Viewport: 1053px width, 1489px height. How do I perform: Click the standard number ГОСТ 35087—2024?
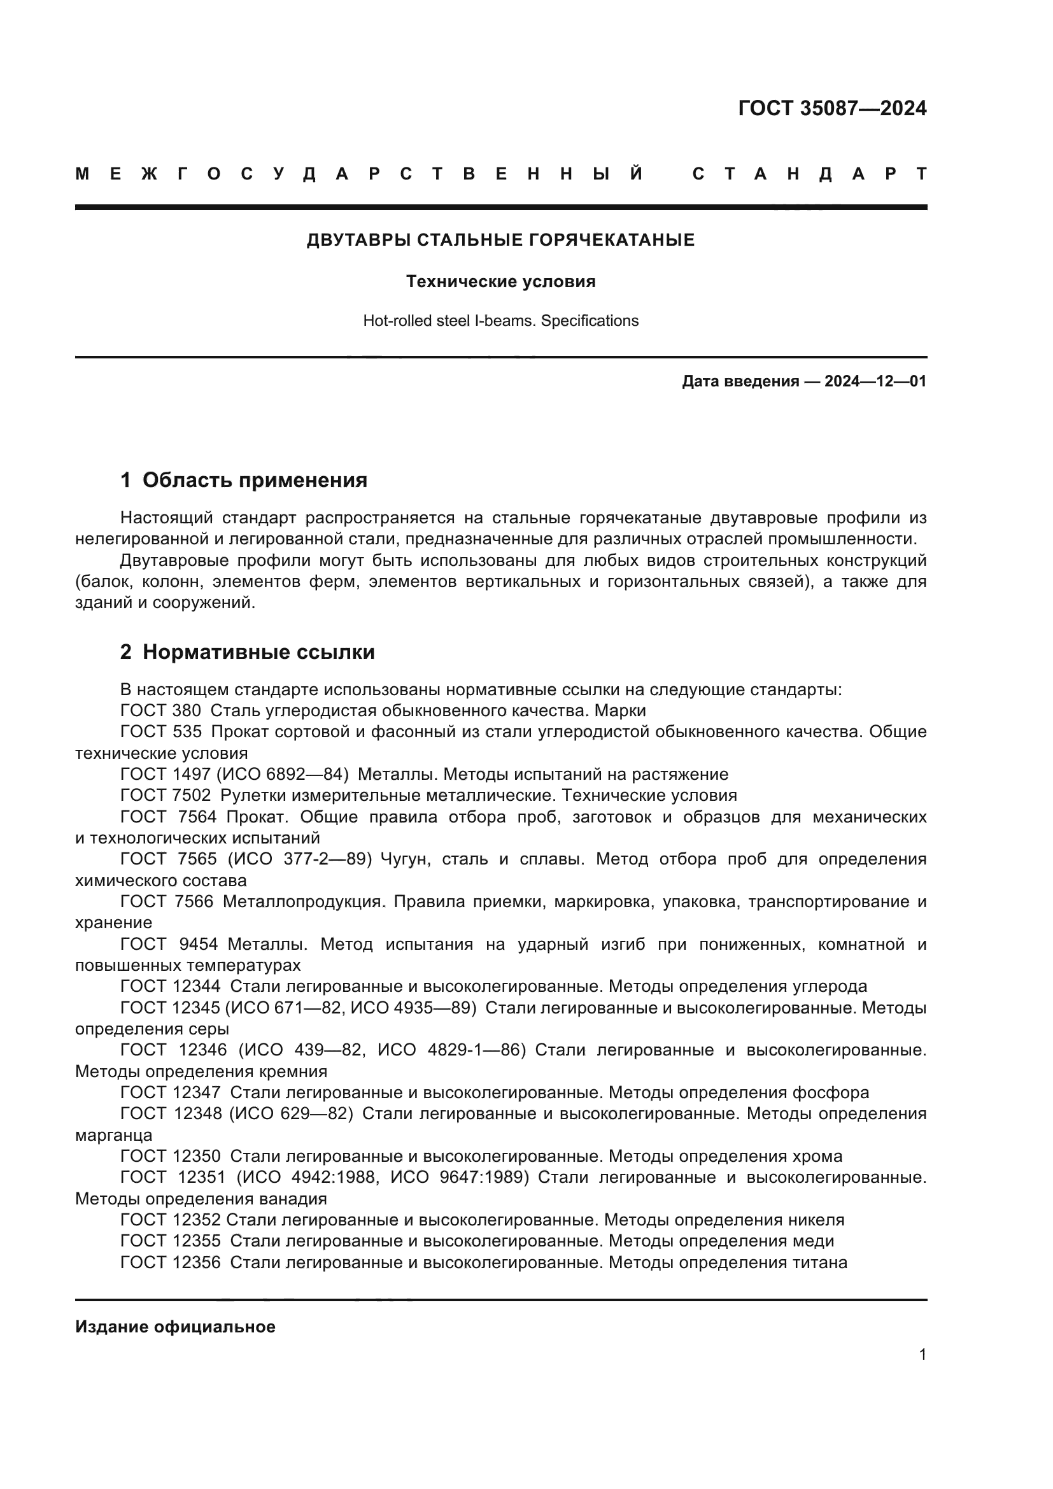point(832,108)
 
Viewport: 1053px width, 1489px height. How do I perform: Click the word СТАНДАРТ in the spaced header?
point(809,174)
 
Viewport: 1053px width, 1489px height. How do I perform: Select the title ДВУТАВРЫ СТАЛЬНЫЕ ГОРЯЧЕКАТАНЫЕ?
point(500,240)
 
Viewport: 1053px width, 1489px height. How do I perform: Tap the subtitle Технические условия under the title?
point(500,281)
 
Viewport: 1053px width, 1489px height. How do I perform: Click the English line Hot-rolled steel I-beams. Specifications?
point(500,321)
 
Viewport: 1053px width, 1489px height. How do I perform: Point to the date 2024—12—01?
point(875,381)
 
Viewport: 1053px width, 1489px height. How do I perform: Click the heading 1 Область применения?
point(244,481)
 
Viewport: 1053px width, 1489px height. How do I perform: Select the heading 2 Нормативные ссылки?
point(247,653)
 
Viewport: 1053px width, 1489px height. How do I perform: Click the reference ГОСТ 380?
point(161,711)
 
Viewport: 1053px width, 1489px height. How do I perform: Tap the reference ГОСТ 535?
point(161,732)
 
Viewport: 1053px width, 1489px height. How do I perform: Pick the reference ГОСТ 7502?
point(166,796)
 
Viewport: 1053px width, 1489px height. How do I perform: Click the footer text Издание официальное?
point(175,1327)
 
